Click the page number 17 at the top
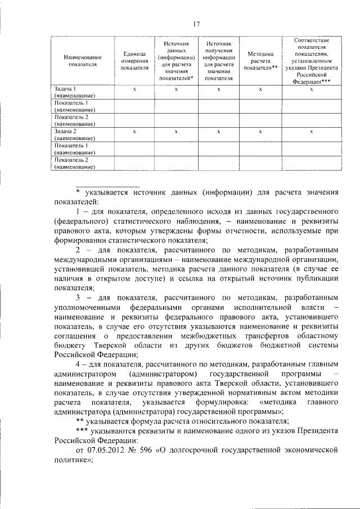pos(196,23)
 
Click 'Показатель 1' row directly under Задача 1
pos(74,106)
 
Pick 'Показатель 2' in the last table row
pos(74,163)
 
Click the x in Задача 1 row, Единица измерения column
pos(134,89)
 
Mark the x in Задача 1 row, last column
pos(311,89)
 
